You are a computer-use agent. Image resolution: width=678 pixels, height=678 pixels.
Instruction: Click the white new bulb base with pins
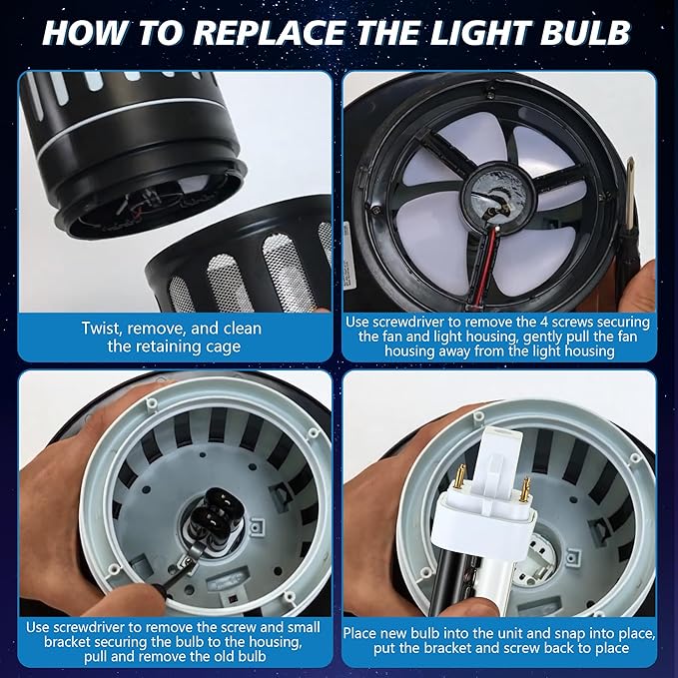[x=477, y=509]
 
